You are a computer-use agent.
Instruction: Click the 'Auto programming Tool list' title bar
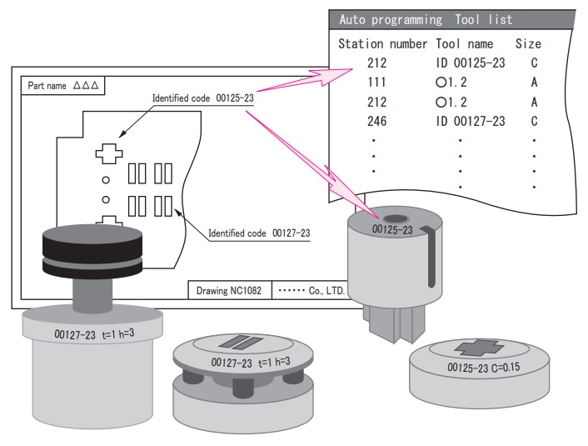coord(426,19)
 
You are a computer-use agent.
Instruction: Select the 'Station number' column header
coord(382,43)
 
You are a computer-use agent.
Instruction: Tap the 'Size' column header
coord(527,43)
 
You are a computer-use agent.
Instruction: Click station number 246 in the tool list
coord(377,122)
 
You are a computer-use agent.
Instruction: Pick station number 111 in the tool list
coord(377,83)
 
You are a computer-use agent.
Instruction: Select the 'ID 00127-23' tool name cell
coord(471,122)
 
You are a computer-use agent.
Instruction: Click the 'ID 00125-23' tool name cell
coord(471,63)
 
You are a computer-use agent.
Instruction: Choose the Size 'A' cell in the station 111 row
coord(533,83)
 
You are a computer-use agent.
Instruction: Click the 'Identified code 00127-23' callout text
coord(259,233)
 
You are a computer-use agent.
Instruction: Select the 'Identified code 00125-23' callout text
coord(202,98)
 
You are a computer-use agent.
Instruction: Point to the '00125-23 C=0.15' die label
coord(483,367)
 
